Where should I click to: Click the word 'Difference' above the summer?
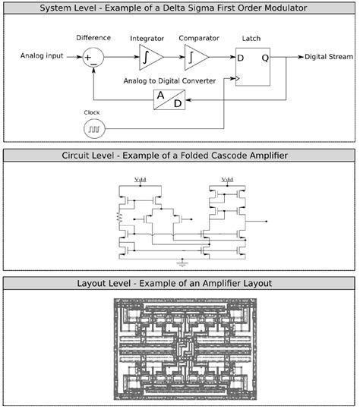click(94, 36)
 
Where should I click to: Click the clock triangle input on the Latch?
click(238, 78)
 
